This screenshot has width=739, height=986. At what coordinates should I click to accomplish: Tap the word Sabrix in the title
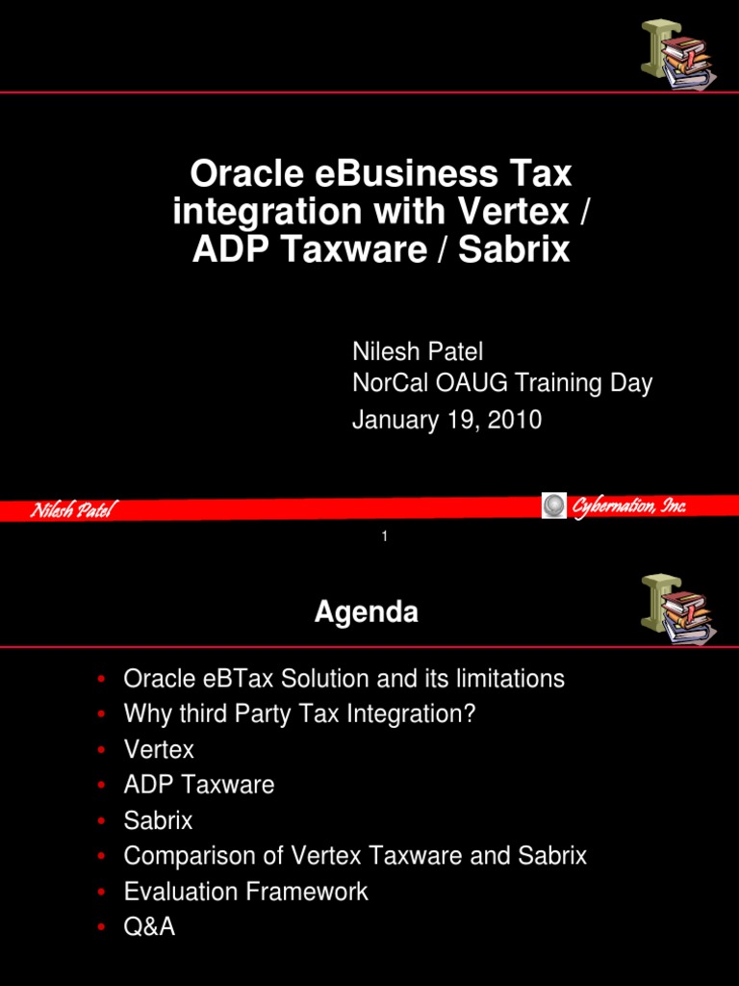point(514,250)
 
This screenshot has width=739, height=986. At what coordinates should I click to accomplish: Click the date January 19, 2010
point(446,420)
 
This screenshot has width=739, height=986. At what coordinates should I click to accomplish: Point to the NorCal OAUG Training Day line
point(501,383)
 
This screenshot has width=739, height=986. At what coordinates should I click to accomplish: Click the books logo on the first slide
point(676,56)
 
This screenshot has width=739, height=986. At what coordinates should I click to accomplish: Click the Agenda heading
point(366,613)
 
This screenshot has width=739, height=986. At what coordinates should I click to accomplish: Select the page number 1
point(384,536)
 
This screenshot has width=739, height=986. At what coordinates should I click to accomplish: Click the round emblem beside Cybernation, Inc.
point(554,506)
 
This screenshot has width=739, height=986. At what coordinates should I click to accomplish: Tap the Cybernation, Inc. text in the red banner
point(629,506)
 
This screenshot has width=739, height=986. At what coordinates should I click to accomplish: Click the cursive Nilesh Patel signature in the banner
point(71,510)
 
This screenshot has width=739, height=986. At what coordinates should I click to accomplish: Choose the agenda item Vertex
point(159,749)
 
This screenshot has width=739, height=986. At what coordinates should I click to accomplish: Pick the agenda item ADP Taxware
point(199,785)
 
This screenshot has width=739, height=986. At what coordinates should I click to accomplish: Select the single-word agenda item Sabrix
point(158,820)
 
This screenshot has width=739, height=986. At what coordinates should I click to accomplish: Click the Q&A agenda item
point(149,927)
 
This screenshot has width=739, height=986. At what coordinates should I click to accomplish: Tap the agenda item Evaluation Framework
point(245,892)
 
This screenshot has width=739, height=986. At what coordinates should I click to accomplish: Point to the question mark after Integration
point(471,714)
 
